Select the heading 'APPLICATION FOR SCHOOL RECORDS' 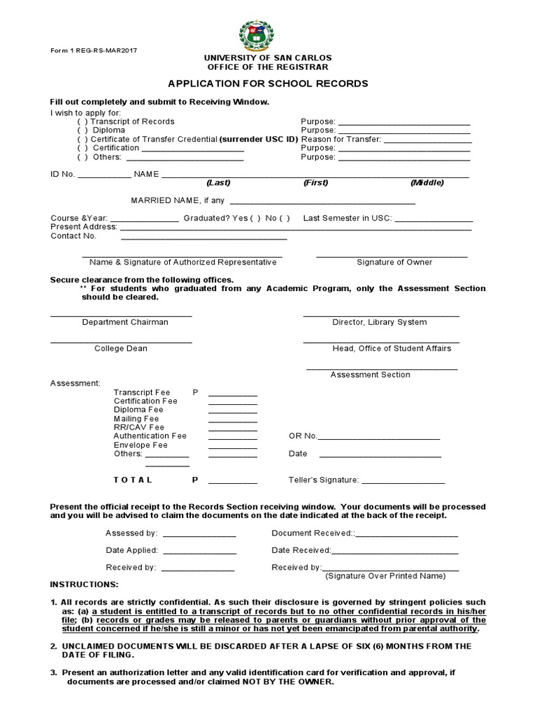tap(268, 83)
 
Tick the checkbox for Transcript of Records tap(80, 121)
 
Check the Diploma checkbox tap(80, 131)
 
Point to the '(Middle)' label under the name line tap(427, 183)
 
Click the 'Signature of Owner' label tap(394, 263)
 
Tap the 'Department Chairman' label tap(125, 323)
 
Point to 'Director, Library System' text tap(379, 323)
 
